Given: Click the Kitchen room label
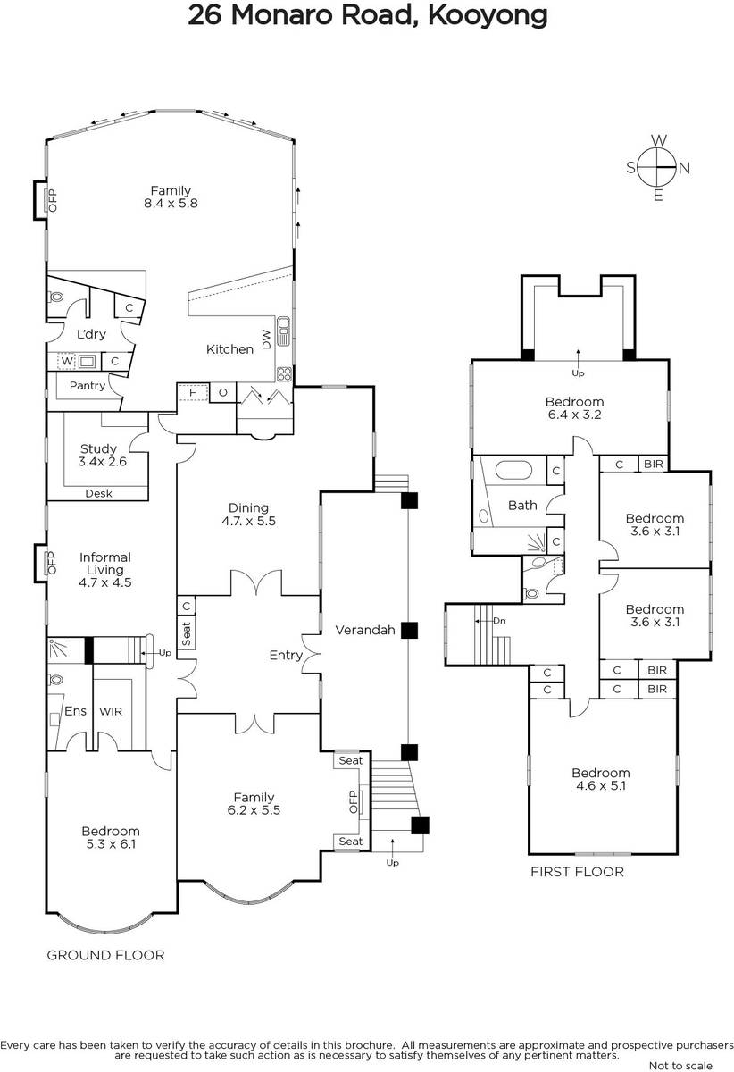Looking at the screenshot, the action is point(229,349).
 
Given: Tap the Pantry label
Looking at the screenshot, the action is point(88,386).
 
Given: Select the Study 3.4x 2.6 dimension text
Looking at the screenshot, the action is point(103,461).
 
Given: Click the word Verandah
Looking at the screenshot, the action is point(365,630).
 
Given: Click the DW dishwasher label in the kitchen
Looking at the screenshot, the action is point(266,339).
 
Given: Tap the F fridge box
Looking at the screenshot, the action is point(193,392).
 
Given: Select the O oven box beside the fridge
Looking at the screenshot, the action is point(223,392).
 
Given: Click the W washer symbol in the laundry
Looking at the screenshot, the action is point(67,361).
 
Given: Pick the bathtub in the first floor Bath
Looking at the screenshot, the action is point(513,470).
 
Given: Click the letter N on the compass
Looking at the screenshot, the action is point(685,169).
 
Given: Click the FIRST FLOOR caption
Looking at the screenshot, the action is point(578,872).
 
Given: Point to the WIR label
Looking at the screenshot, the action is point(111,712).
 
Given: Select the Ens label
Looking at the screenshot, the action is point(76,711).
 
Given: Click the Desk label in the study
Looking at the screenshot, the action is point(98,493).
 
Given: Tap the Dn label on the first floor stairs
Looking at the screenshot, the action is point(499,621).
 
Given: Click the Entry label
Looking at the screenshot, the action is point(286,656).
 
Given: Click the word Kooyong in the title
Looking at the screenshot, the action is point(488,16).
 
